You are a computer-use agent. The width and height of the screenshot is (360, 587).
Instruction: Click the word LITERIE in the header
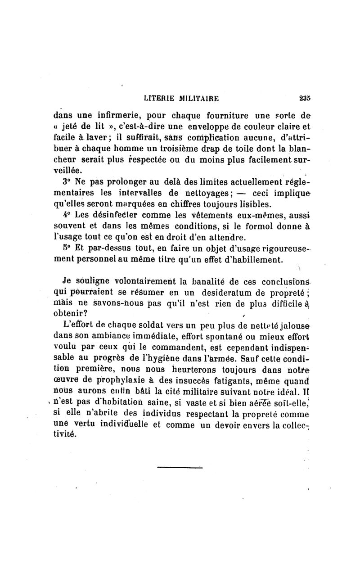tap(160, 98)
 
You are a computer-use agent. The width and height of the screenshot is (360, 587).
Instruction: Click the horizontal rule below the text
tap(180, 468)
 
